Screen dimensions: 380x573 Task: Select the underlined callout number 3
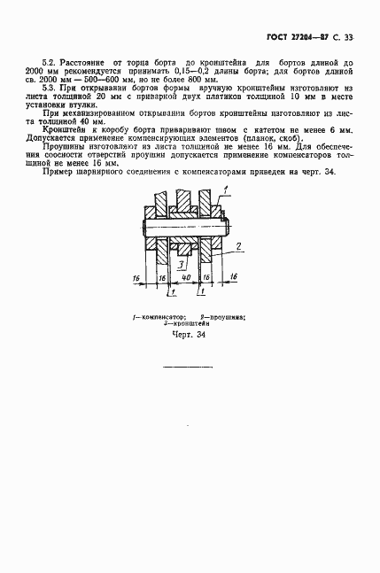179,263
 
